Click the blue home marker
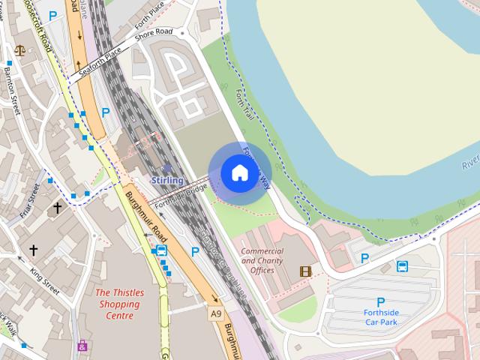(x=239, y=173)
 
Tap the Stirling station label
(x=167, y=181)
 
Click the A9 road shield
(x=216, y=313)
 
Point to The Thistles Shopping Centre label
(x=118, y=304)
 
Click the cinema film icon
(x=305, y=271)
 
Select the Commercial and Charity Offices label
(x=262, y=260)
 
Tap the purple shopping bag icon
(x=82, y=346)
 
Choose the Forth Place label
(x=149, y=13)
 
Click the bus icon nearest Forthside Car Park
(x=403, y=266)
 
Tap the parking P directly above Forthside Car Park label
(x=380, y=302)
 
